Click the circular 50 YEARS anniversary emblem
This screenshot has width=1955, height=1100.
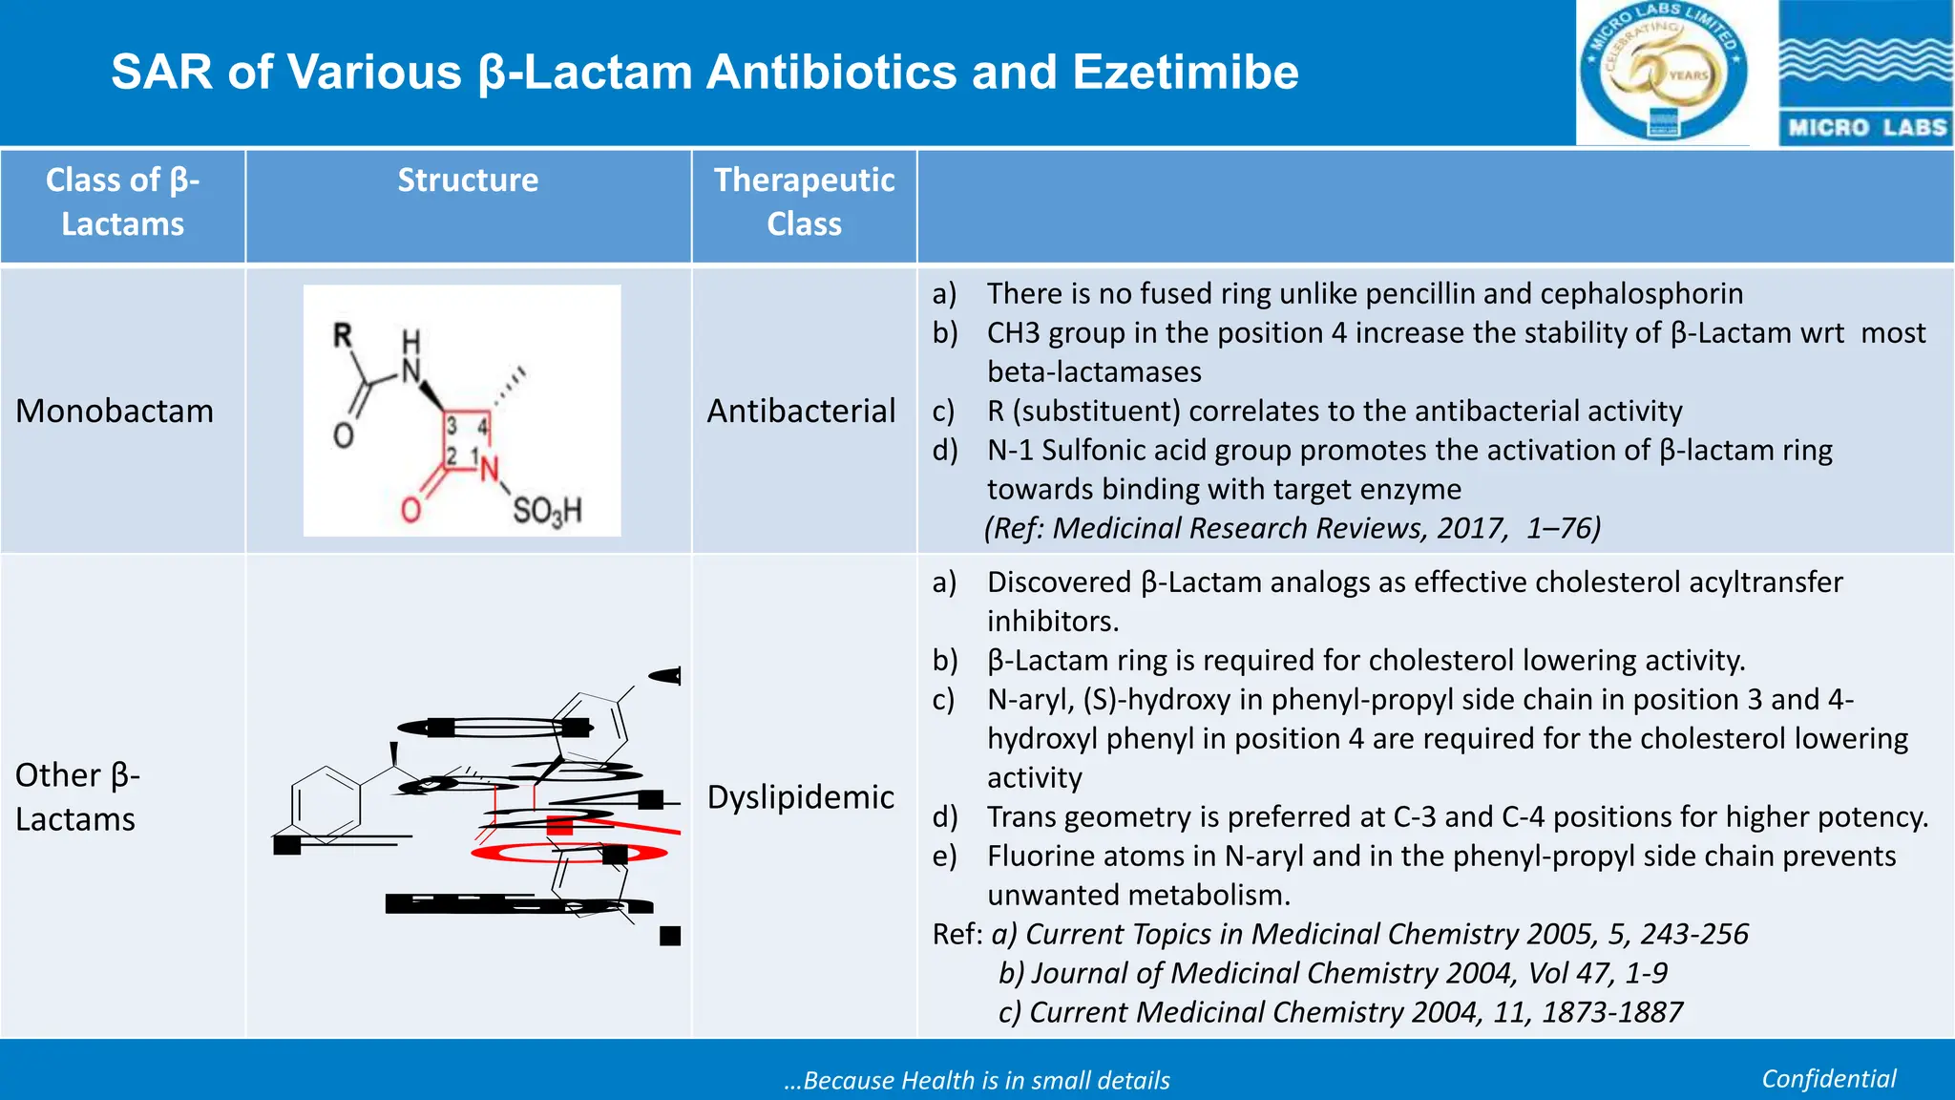point(1663,73)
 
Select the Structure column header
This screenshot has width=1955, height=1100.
point(468,180)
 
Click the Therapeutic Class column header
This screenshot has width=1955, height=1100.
point(804,201)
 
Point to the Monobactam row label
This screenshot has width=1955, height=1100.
point(115,411)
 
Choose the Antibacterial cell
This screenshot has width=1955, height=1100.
point(801,411)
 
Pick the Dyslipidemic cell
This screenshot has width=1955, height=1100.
point(800,796)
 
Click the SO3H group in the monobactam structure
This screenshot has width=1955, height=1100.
point(546,511)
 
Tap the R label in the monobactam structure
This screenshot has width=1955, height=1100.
point(343,335)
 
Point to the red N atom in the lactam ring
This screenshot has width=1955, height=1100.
point(490,469)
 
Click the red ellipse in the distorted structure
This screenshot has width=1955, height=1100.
point(569,853)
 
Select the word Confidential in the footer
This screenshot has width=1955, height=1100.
point(1828,1079)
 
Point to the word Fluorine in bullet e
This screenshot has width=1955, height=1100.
point(1044,856)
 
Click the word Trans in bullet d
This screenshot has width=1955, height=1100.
point(1023,816)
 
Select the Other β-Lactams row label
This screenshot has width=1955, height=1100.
point(77,796)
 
